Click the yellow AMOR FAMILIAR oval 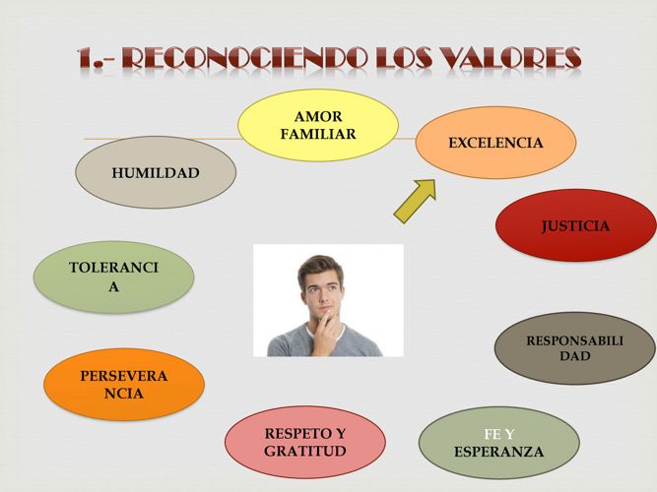pos(318,125)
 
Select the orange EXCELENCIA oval pos(495,143)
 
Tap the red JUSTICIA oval pos(575,225)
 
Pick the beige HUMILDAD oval pos(156,172)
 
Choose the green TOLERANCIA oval pos(113,277)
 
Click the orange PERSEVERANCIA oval pos(124,385)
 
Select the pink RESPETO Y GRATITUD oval pos(305,442)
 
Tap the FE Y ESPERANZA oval pos(499,443)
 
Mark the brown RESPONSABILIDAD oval pos(575,348)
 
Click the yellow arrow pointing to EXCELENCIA pos(415,202)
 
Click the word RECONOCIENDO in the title pos(243,58)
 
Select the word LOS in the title pos(404,58)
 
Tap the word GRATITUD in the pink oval pos(305,451)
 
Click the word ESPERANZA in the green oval pos(498,452)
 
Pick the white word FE pos(492,435)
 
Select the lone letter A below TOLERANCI pos(113,286)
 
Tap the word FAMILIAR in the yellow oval pos(318,135)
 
